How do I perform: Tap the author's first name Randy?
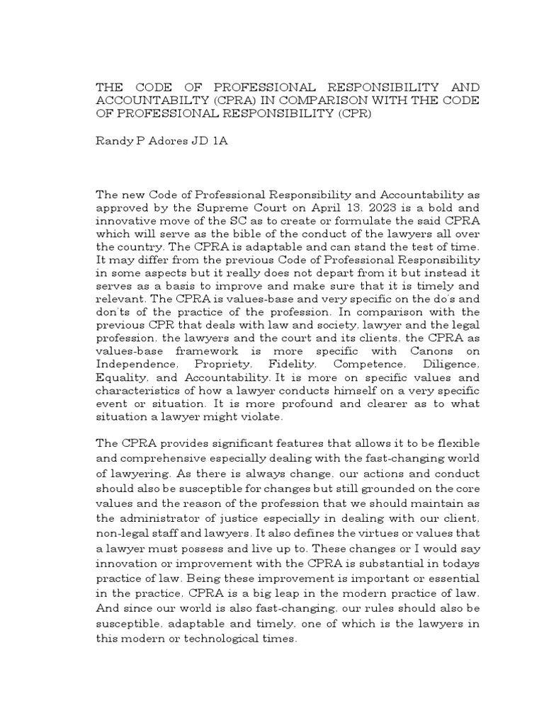point(111,142)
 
